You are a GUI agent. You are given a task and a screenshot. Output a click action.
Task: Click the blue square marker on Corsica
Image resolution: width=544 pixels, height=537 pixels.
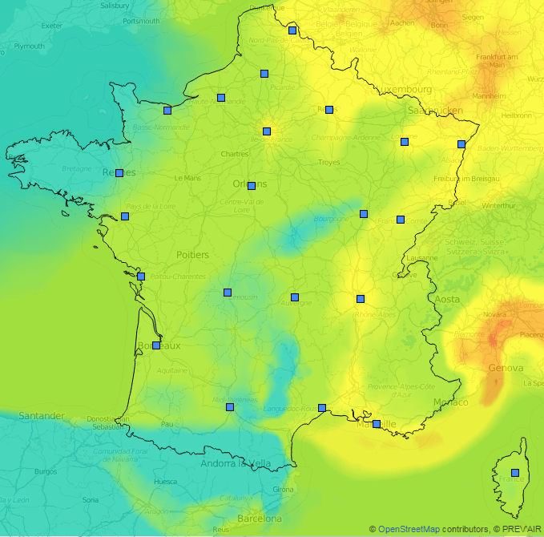click(515, 473)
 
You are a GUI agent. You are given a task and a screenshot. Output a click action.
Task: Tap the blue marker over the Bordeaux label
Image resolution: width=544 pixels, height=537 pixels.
click(156, 345)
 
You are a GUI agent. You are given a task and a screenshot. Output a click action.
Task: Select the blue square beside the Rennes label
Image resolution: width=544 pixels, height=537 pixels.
click(119, 173)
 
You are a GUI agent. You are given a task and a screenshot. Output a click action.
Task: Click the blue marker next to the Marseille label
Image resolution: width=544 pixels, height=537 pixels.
click(377, 424)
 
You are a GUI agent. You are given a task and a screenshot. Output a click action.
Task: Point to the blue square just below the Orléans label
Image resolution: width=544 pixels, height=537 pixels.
click(252, 186)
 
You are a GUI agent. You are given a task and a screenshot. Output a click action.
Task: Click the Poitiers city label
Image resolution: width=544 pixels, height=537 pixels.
click(192, 255)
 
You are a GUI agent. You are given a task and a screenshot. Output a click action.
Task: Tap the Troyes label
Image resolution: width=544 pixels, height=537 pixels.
click(328, 162)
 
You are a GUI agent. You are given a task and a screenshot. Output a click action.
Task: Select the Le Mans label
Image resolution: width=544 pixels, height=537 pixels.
click(187, 178)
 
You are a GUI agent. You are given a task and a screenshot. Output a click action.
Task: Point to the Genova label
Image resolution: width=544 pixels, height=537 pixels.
click(506, 368)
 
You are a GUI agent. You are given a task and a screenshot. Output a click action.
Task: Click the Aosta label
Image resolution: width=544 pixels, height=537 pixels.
click(447, 299)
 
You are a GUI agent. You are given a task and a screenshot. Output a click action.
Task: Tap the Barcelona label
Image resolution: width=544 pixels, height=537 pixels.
click(260, 518)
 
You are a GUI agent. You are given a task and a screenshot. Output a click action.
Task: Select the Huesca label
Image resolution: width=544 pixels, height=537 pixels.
click(165, 482)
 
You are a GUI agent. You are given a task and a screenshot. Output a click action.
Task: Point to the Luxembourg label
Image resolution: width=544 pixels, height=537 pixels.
click(406, 89)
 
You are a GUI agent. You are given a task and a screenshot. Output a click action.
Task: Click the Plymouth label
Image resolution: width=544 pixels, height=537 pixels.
click(29, 46)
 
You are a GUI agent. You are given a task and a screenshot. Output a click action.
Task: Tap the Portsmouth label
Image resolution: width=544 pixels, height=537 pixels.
click(142, 21)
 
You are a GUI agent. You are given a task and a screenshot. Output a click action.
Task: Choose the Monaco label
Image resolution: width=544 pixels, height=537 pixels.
click(450, 402)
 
